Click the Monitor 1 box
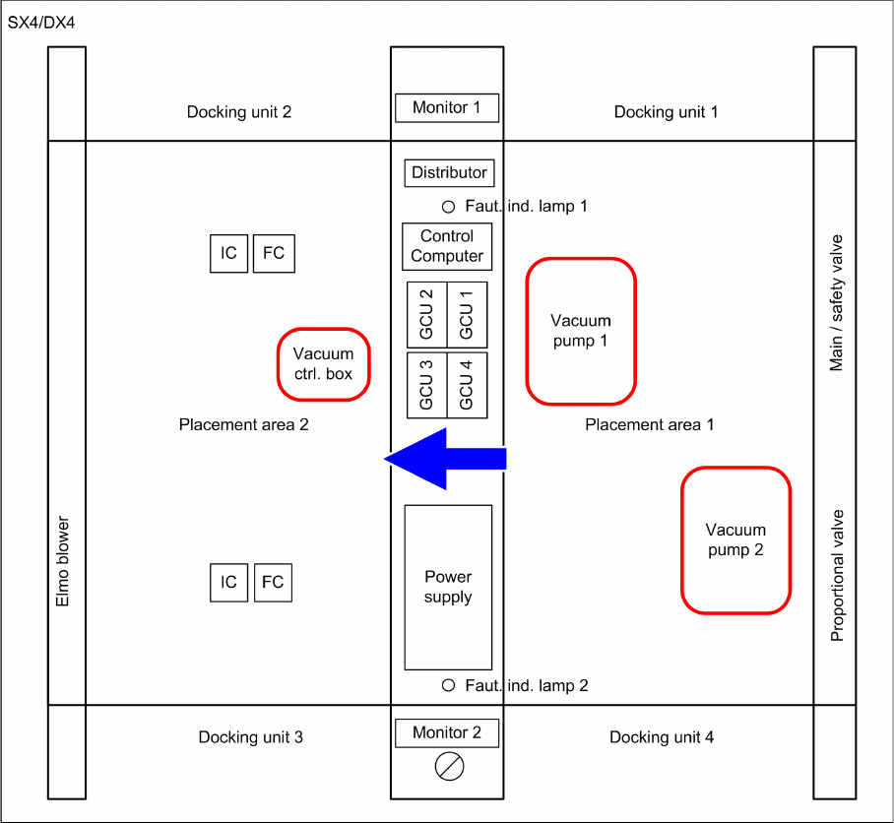447,107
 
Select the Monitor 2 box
447,732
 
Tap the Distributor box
449,172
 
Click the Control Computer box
447,246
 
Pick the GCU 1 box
467,315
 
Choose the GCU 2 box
427,315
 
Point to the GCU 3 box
427,385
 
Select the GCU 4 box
467,385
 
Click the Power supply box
448,588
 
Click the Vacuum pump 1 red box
581,331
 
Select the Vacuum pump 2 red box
736,540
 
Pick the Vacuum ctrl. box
323,364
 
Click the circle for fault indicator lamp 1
448,207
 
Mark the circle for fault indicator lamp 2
448,685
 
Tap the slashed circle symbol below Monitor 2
449,766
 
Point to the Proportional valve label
838,575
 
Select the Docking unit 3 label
250,737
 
